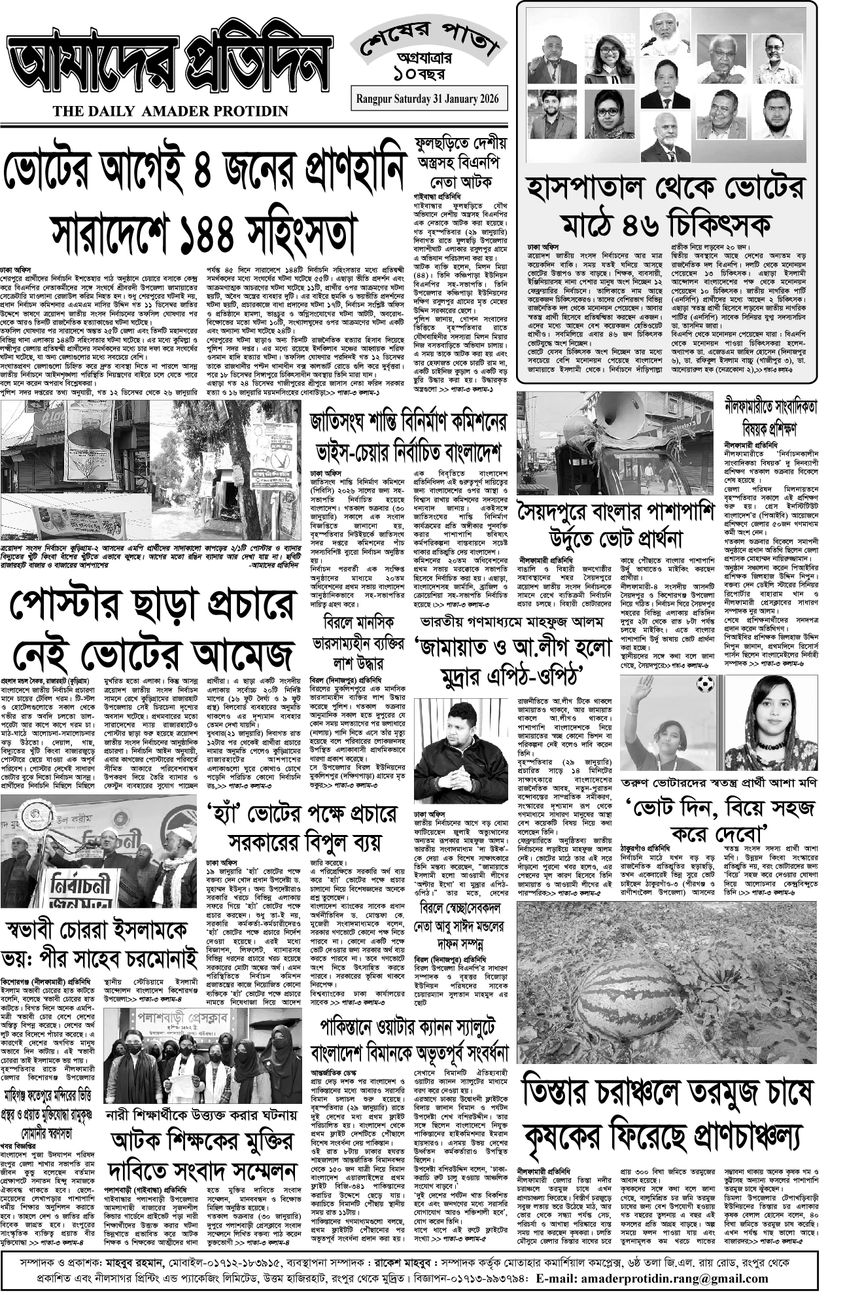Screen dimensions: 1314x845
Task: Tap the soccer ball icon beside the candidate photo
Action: point(704,684)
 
